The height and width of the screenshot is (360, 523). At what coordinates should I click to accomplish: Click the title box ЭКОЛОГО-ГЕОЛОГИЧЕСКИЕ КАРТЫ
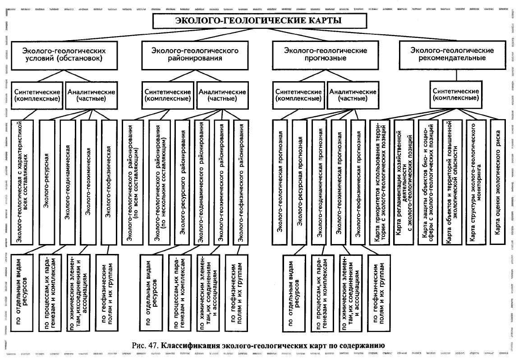click(x=260, y=21)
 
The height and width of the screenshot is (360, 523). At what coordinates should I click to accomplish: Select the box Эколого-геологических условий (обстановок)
click(x=64, y=55)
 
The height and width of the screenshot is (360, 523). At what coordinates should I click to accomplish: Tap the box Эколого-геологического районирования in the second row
click(x=195, y=55)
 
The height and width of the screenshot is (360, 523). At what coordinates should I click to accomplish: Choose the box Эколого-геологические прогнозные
click(x=325, y=55)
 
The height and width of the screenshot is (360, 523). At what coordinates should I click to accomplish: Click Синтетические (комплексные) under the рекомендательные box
click(x=456, y=95)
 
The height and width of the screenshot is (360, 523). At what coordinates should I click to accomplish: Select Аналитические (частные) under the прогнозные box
click(x=353, y=96)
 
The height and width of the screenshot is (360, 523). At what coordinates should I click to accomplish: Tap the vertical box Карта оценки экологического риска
click(x=498, y=182)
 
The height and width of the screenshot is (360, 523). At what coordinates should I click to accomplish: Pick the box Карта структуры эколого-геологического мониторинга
click(x=474, y=182)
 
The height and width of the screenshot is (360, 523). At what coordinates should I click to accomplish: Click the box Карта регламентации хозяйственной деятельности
click(x=404, y=182)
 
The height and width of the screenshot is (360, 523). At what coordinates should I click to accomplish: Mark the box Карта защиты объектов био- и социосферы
click(x=427, y=182)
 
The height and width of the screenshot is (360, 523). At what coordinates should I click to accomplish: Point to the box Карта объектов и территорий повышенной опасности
click(x=452, y=182)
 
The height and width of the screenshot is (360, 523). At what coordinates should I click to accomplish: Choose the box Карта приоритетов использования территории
click(x=380, y=182)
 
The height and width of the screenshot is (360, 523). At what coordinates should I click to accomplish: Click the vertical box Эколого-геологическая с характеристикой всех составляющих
click(x=23, y=182)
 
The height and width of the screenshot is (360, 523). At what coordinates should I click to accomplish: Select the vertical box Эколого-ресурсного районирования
click(x=182, y=182)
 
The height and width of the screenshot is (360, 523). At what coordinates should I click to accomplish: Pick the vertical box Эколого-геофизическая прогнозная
click(x=358, y=182)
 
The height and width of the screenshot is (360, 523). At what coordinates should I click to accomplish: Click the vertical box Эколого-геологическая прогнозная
click(x=280, y=182)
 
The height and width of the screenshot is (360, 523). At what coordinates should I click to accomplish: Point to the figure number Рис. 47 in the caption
click(x=145, y=346)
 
